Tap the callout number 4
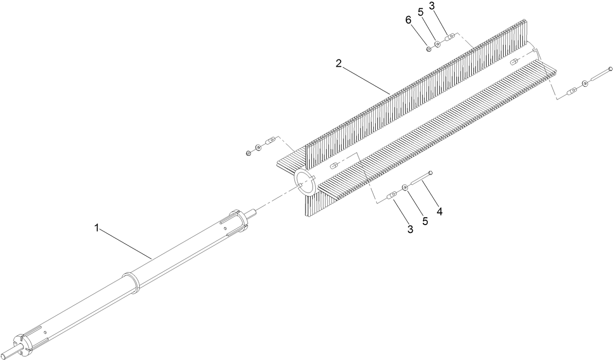[440, 211]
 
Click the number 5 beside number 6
[421, 12]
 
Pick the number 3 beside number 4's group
[410, 229]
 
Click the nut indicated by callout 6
[428, 48]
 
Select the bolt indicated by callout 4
[422, 179]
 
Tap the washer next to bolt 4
[405, 188]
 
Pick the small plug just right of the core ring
[334, 166]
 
